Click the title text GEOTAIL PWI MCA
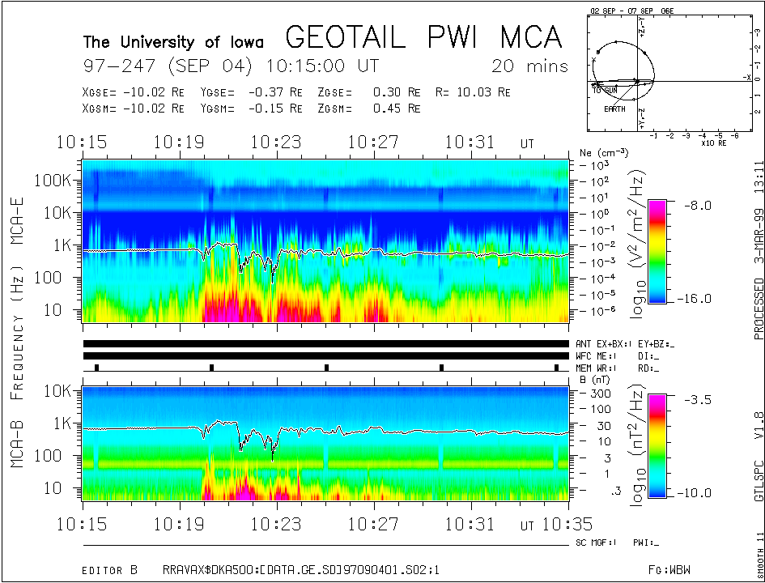(x=423, y=37)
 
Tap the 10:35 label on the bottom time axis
(x=568, y=523)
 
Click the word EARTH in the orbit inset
(x=614, y=109)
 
